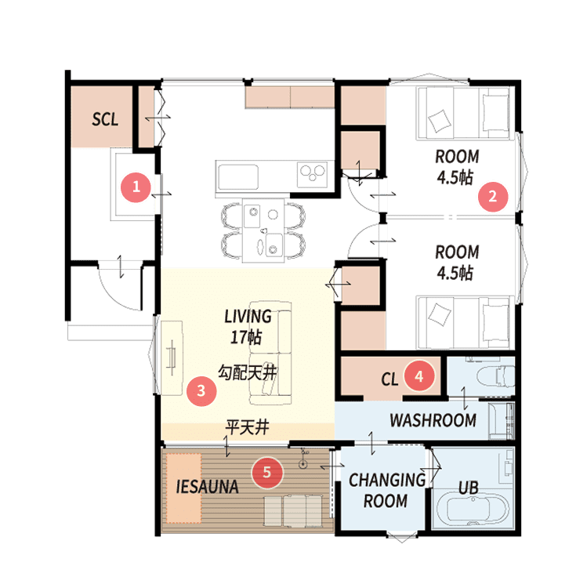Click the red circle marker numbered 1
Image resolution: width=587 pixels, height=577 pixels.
(136, 187)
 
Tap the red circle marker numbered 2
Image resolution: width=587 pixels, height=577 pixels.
(493, 196)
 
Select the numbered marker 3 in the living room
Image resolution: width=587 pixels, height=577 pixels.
(201, 390)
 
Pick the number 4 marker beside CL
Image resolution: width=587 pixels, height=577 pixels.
(419, 376)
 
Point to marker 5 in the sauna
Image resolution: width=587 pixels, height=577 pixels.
(267, 472)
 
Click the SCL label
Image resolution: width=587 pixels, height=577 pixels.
(105, 119)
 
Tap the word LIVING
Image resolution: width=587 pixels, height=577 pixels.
(248, 317)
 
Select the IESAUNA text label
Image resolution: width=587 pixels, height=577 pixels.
(207, 487)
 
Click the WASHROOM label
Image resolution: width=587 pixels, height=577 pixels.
(433, 420)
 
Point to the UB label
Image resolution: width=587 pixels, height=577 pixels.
(469, 488)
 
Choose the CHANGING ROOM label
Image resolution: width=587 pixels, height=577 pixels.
(386, 491)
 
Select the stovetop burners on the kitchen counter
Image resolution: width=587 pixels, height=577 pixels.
(312, 174)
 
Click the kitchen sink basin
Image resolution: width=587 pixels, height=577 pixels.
(238, 177)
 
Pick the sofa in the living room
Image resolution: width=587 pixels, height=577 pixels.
(270, 353)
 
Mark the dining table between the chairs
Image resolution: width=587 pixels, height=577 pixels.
(263, 230)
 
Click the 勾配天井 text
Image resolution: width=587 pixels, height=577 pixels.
(248, 372)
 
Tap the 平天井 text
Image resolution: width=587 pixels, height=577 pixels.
(247, 427)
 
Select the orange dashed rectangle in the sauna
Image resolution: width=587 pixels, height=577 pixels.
(184, 488)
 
